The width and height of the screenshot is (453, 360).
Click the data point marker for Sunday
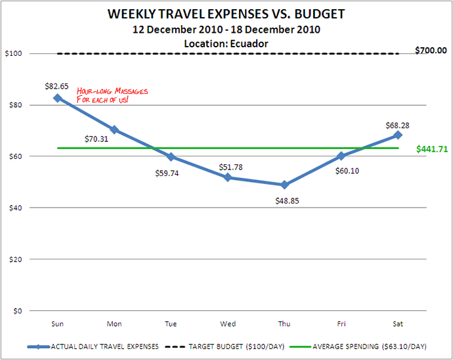(x=58, y=98)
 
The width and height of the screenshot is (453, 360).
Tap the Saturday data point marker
(x=398, y=135)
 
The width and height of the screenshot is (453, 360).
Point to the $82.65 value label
(x=58, y=86)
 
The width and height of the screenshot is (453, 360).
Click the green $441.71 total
(x=432, y=149)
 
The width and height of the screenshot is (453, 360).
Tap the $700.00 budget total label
(x=431, y=50)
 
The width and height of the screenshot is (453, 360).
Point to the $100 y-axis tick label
(x=12, y=53)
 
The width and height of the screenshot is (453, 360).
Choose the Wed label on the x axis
(x=228, y=323)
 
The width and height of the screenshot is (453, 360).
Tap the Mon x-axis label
(x=114, y=323)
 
